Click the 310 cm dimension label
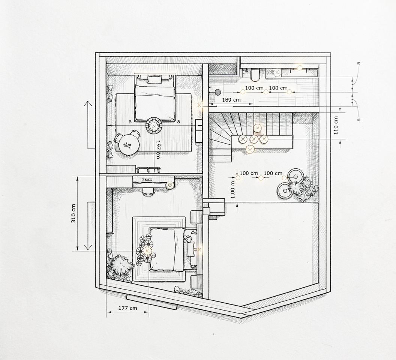tap(73, 213)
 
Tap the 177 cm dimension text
tap(128, 308)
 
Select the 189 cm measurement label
tap(231, 100)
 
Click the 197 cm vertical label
tap(158, 150)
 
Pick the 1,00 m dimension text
tap(232, 190)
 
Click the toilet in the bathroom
tap(255, 75)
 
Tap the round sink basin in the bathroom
tap(277, 72)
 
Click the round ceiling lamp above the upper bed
tap(154, 126)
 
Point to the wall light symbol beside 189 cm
tap(199, 105)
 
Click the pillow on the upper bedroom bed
tap(154, 79)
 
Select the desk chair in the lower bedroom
tap(148, 191)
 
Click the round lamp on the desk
tap(170, 185)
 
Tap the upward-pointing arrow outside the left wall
tap(88, 125)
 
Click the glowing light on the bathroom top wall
tap(300, 68)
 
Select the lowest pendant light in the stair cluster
tap(250, 150)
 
